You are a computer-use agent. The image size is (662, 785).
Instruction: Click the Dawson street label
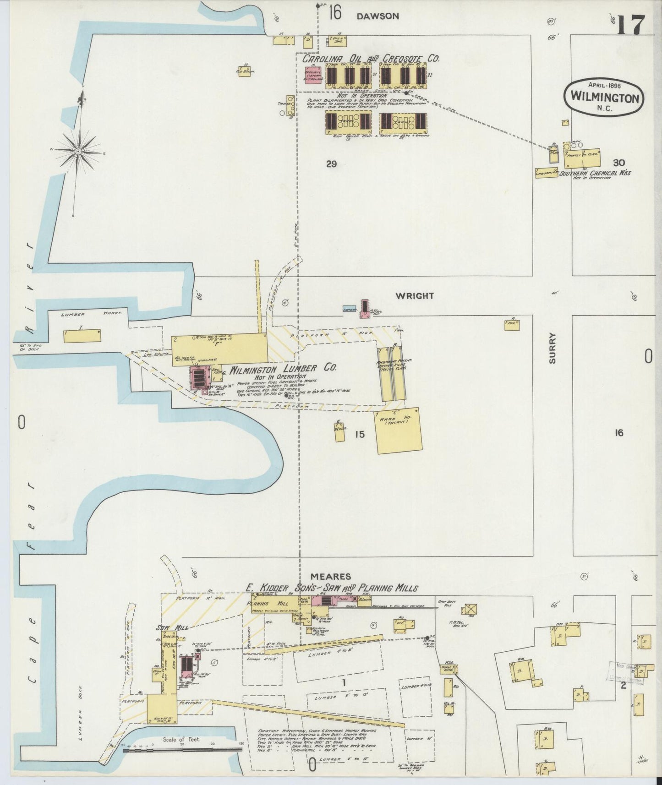coord(378,16)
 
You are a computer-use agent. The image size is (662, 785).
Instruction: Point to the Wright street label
coord(415,296)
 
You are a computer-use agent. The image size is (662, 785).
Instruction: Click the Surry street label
coord(552,348)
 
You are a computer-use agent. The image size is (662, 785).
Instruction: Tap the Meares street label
coord(330,576)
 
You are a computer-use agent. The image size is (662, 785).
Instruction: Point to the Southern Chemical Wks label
coord(595,173)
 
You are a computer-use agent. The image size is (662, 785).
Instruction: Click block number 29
coord(331,164)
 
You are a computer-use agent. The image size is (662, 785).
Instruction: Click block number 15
coord(360,434)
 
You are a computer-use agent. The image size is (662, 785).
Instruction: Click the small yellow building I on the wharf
coord(82,336)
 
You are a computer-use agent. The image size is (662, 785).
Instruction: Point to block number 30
coord(618,163)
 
